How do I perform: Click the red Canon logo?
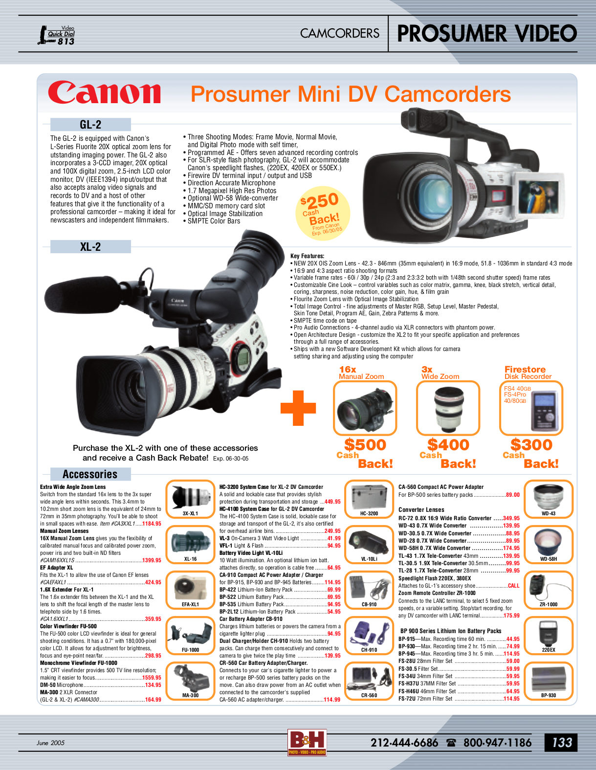click(x=104, y=92)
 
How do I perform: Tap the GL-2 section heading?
click(x=90, y=125)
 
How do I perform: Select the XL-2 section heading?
click(x=90, y=247)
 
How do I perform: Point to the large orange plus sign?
click(x=298, y=408)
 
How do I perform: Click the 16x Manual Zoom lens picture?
click(x=365, y=408)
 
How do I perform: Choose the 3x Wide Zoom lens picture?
click(x=448, y=408)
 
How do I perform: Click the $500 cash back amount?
click(x=365, y=445)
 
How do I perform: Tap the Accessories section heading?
click(x=90, y=474)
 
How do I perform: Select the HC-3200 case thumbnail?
click(x=369, y=497)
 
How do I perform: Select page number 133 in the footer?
click(x=562, y=743)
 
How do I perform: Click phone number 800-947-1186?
click(x=497, y=743)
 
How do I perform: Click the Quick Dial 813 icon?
click(x=57, y=35)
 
